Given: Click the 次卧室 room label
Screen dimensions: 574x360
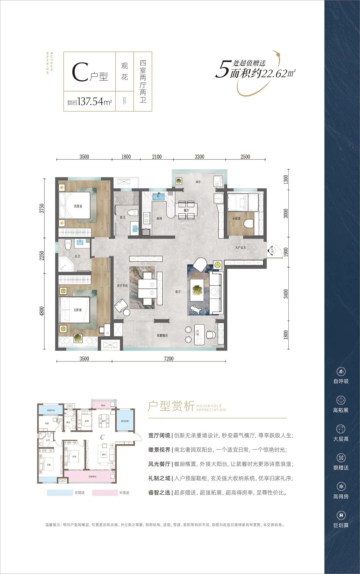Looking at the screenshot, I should (x=78, y=206).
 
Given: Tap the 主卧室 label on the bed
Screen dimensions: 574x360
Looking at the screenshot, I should (x=77, y=310).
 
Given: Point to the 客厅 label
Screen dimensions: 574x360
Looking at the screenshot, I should (x=178, y=291).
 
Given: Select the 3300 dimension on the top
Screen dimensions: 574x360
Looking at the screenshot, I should (x=199, y=157).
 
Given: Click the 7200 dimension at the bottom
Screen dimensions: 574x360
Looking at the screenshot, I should (x=169, y=358).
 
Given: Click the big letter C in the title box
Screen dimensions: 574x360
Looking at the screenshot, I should (x=80, y=72).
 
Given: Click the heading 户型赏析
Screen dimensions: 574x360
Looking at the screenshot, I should (x=171, y=406).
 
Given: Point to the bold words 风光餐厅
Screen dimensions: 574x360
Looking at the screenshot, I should (x=159, y=464).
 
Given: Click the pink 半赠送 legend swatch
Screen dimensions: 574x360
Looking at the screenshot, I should (x=105, y=493).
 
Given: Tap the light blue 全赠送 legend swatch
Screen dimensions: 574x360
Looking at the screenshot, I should (x=60, y=493).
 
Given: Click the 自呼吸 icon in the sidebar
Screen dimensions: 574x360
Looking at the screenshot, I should (x=341, y=372).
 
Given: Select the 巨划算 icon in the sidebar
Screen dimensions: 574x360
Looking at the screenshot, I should (x=341, y=515).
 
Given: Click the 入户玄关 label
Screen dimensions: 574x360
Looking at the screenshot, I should (x=240, y=248).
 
